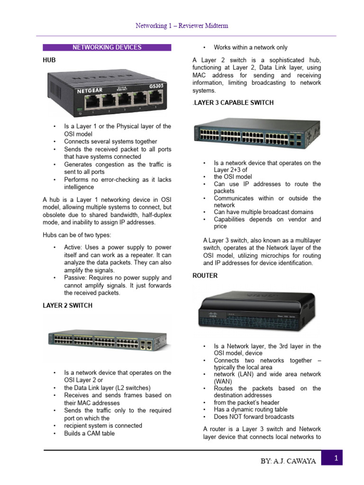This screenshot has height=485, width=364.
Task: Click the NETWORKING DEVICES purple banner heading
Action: pyautogui.click(x=107, y=47)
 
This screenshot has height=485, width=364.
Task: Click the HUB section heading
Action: pyautogui.click(x=49, y=61)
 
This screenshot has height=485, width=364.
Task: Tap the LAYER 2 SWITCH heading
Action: pyautogui.click(x=67, y=305)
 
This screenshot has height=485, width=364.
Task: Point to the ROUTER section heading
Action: pyautogui.click(x=205, y=275)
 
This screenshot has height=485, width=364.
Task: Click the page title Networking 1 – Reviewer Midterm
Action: pyautogui.click(x=182, y=26)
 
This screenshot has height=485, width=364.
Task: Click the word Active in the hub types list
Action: pyautogui.click(x=73, y=247)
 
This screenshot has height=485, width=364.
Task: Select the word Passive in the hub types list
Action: pyautogui.click(x=76, y=278)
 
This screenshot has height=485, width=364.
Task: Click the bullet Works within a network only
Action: pyautogui.click(x=250, y=47)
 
